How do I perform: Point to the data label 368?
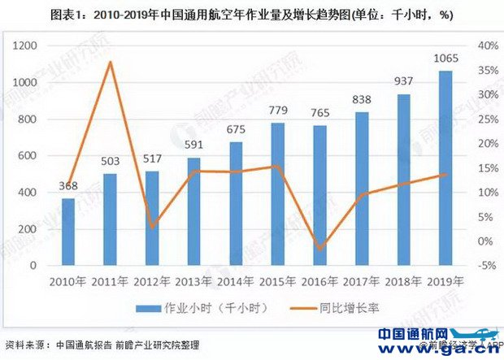pos(68,188)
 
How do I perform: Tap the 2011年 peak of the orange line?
pos(110,63)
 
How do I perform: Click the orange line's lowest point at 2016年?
pos(319,249)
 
